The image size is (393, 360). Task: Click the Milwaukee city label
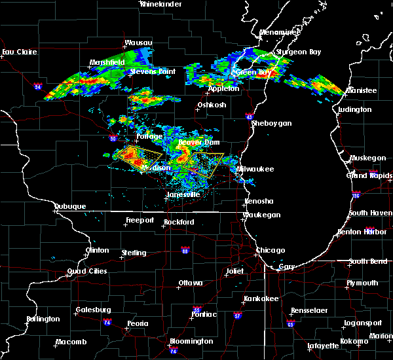[255, 169]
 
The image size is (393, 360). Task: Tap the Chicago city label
[271, 251]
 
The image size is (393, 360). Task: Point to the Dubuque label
[71, 207]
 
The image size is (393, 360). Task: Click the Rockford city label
[179, 223]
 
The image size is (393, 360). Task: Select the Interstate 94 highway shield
[38, 86]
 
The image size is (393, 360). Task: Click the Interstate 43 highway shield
[250, 117]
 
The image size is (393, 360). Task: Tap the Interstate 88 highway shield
[185, 250]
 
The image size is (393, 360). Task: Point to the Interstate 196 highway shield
[356, 195]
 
